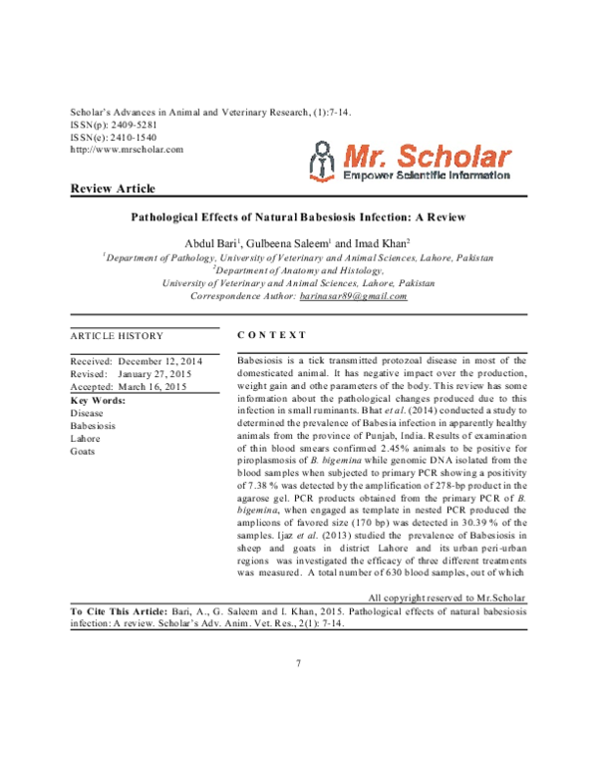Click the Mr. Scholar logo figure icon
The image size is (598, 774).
320,162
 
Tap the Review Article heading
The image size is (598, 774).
113,190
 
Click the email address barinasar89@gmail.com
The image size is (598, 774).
353,296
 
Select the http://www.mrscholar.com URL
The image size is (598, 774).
128,149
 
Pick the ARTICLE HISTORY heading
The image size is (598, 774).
117,335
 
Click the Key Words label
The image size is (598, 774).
98,399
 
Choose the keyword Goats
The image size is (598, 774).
83,451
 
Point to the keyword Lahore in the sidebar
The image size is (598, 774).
86,438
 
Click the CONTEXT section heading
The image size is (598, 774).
273,335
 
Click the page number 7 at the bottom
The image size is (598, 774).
298,663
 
